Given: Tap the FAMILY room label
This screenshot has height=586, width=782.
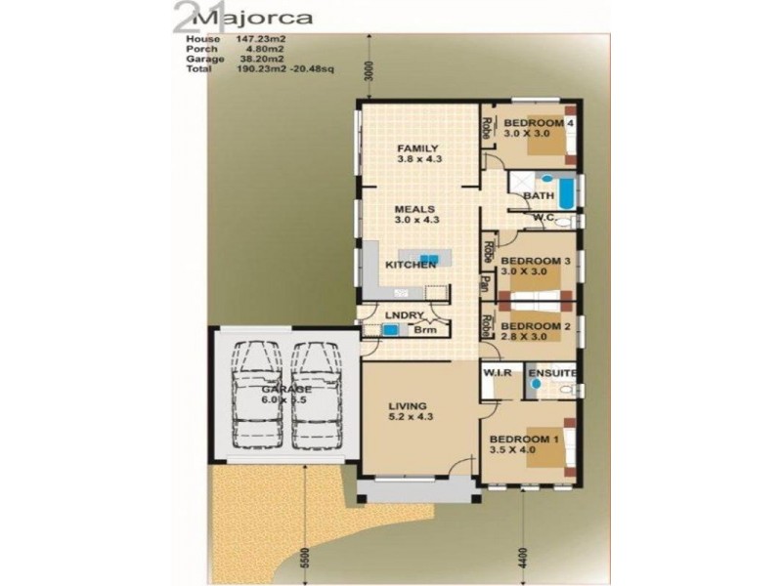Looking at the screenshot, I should (411, 147).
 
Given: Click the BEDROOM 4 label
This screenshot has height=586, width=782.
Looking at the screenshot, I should (537, 123).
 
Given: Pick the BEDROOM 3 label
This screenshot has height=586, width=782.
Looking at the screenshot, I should (535, 261).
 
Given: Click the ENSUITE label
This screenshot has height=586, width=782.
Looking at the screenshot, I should (552, 373).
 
